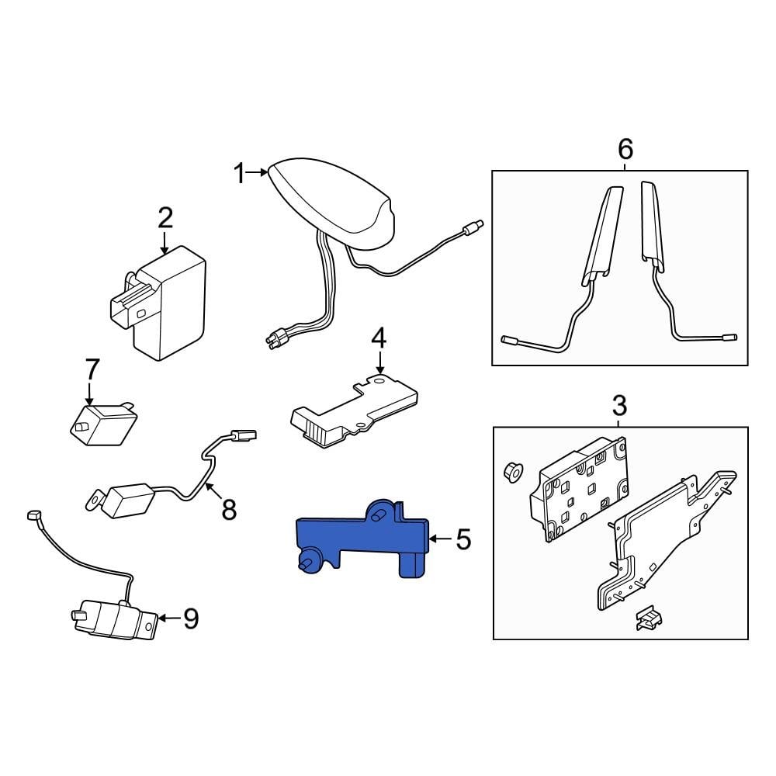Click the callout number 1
coord(240,174)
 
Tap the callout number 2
coord(165,218)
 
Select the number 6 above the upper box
coord(625,149)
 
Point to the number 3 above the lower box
coord(619,405)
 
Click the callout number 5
coord(463,539)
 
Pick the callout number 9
coord(191,618)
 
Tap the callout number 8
coord(229,509)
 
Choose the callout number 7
coord(92,369)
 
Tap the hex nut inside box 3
coord(513,472)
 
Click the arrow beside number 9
coord(168,618)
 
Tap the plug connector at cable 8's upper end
coord(244,436)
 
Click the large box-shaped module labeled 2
coord(158,302)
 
